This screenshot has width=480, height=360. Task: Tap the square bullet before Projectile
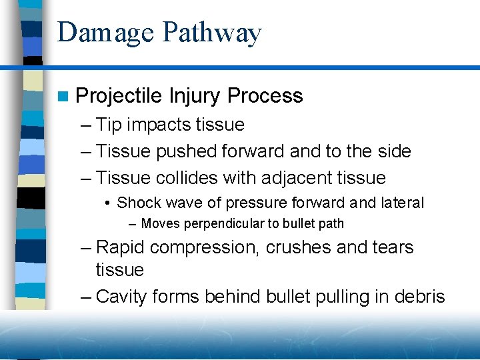63,97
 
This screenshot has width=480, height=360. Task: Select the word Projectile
119,96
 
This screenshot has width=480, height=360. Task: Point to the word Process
265,96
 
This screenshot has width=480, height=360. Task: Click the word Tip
109,125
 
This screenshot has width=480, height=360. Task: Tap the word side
393,151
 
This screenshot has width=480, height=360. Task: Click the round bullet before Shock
107,203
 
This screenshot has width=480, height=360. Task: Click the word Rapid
121,247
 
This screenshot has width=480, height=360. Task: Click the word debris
421,297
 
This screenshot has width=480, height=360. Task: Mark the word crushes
299,247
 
